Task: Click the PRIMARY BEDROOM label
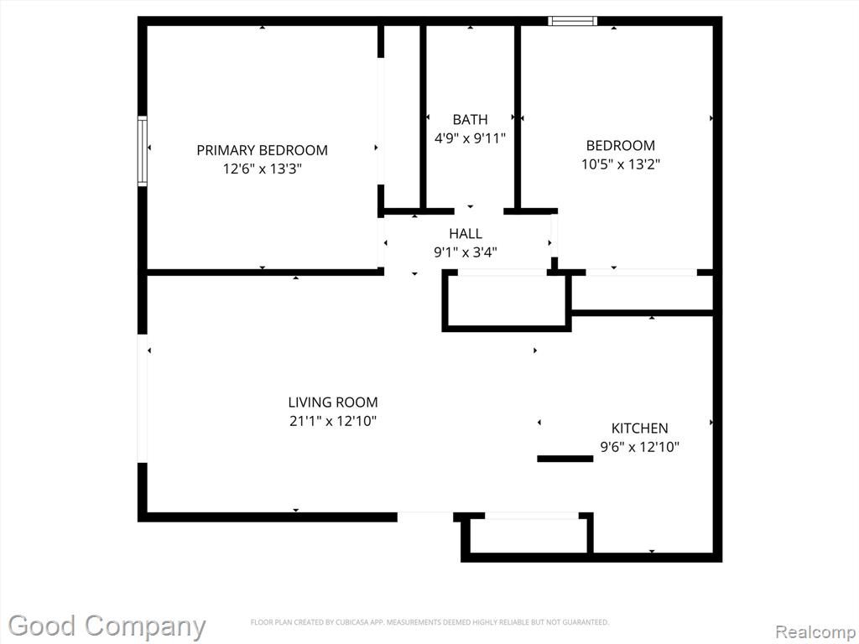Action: [x=262, y=150]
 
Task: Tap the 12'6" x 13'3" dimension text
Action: [x=262, y=169]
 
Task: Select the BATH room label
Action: [x=470, y=119]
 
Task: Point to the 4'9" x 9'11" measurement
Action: [x=470, y=138]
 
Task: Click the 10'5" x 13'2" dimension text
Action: [x=621, y=164]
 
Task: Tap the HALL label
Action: [x=466, y=234]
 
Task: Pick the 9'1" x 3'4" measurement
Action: [x=466, y=252]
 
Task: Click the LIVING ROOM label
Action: [x=333, y=402]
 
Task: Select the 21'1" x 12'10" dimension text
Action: [x=333, y=421]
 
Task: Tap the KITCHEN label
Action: [x=640, y=428]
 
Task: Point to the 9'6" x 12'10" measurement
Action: [x=640, y=447]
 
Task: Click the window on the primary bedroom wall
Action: [x=143, y=151]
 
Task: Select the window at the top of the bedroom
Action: [x=573, y=21]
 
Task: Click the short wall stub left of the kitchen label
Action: [x=565, y=459]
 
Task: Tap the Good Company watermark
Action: [x=107, y=626]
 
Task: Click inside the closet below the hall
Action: [x=507, y=300]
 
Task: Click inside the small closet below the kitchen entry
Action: [x=528, y=535]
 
